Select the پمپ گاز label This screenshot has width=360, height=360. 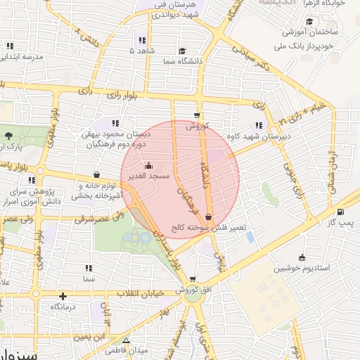(x=343, y=222)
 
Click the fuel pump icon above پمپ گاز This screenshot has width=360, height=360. (x=341, y=212)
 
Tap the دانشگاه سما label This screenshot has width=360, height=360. (x=185, y=61)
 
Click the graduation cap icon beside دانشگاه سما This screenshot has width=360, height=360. (x=182, y=51)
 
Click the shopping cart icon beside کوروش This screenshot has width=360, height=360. (x=197, y=117)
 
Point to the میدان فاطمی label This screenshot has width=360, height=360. (x=130, y=350)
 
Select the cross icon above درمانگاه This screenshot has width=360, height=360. (x=63, y=296)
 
